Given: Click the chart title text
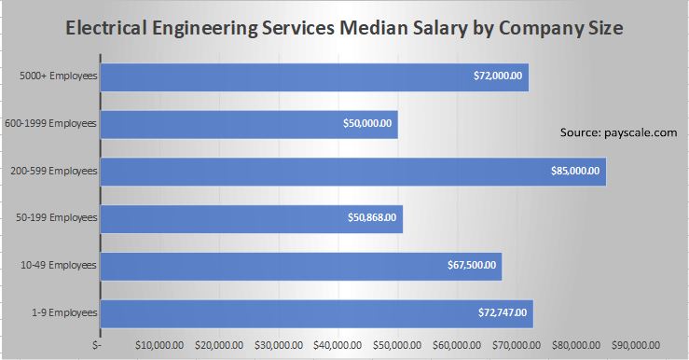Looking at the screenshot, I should click(344, 29).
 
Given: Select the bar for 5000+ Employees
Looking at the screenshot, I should click(280, 76).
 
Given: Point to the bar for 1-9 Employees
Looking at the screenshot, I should click(280, 314).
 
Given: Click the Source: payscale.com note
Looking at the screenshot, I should click(618, 133).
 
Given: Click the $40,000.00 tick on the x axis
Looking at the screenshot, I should click(339, 344).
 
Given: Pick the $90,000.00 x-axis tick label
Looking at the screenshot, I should click(637, 344).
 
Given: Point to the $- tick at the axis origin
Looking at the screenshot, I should click(98, 344).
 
